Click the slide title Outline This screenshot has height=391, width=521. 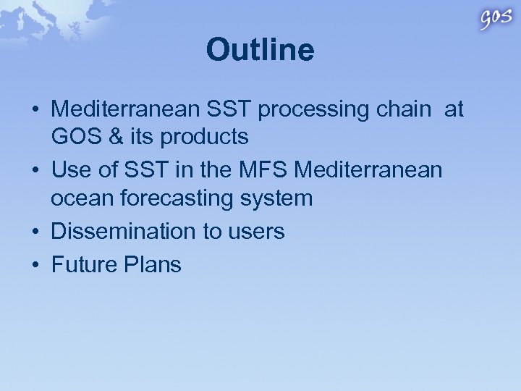(x=260, y=51)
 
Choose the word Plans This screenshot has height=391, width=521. (x=156, y=264)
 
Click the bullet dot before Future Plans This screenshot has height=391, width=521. (x=34, y=265)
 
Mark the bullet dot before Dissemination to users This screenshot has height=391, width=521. (x=34, y=232)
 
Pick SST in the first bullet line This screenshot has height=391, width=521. (x=228, y=109)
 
